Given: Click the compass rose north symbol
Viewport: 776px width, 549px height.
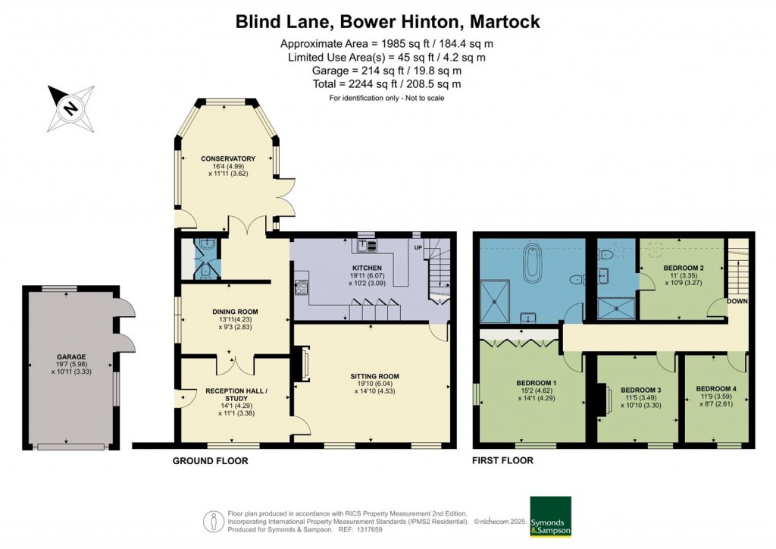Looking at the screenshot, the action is point(70,108).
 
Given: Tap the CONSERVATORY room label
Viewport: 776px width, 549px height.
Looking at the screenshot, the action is point(228,158).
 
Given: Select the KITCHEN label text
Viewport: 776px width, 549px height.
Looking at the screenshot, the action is point(367,268).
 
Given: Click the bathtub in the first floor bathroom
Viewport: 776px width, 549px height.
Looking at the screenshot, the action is point(532,262).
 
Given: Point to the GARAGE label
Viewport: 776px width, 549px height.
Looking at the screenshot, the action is point(71,356).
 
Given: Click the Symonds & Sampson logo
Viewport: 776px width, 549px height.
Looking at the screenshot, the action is point(550,516).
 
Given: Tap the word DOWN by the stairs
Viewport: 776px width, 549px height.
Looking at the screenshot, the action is point(737,301).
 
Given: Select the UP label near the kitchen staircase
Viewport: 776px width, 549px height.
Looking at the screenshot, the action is point(418,247).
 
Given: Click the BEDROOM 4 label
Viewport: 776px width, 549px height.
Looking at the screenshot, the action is point(715,388).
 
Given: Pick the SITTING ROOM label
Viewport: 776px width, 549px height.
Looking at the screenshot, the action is point(374,376).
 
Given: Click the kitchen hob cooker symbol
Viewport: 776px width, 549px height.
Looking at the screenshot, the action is point(301,287).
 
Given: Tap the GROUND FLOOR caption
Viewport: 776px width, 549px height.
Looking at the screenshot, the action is point(211,461).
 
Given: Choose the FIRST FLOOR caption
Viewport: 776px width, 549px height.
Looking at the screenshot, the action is point(503,460).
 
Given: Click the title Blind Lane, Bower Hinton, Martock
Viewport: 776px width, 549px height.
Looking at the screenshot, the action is point(387,22).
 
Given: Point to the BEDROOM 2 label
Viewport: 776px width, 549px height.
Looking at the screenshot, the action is point(684,268).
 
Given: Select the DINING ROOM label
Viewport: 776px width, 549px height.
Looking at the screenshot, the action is point(235,312).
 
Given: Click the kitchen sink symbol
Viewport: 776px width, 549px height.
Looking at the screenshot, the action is point(367,246).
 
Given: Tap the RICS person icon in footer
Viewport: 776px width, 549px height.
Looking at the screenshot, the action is point(214,521).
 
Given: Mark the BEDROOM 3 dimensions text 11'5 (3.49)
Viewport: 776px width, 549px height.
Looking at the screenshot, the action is point(641,397).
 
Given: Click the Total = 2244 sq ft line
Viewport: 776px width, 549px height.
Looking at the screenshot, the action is point(386,84).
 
